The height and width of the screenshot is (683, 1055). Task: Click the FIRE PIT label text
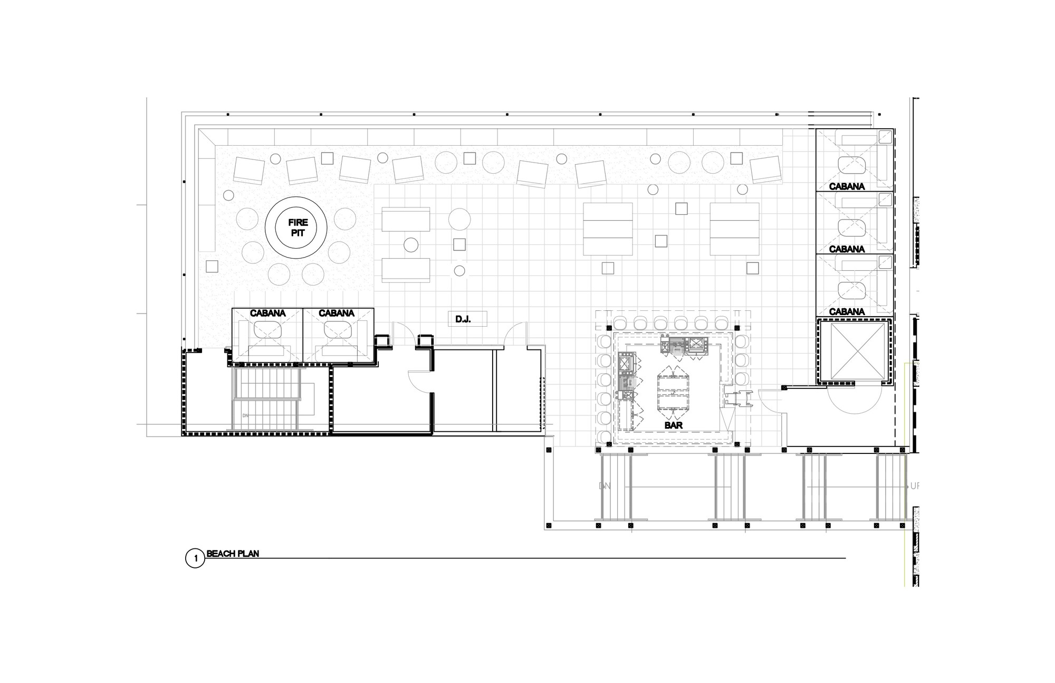point(298,228)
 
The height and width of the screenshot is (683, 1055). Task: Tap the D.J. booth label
point(463,319)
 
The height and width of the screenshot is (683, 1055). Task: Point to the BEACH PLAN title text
point(233,554)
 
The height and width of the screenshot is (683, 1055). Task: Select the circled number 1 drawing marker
point(195,558)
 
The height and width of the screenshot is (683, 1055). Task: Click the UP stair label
point(913,486)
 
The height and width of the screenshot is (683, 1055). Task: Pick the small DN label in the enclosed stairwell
point(245,415)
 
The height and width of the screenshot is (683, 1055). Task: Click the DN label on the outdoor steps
point(605,486)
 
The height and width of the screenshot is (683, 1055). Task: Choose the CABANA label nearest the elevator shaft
point(847,311)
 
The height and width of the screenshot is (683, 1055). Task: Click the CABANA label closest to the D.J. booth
point(337,313)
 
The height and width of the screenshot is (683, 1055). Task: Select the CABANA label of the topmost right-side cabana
point(847,186)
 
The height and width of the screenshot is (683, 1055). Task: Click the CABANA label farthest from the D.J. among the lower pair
point(268,313)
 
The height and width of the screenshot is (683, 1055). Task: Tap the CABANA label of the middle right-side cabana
point(847,249)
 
